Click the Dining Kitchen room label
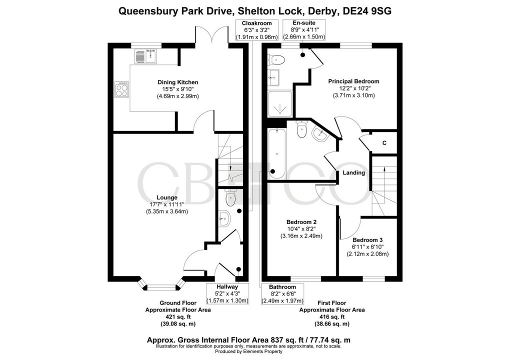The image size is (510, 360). coord(178,82)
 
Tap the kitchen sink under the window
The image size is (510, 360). coord(145,57)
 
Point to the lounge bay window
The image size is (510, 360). coord(160,287)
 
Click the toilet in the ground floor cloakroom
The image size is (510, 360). coord(229,198)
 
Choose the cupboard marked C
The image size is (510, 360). coord(384,143)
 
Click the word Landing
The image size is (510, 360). coord(353,173)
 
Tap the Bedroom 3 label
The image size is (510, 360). coord(367,239)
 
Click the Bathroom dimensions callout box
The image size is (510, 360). coord(282,293)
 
